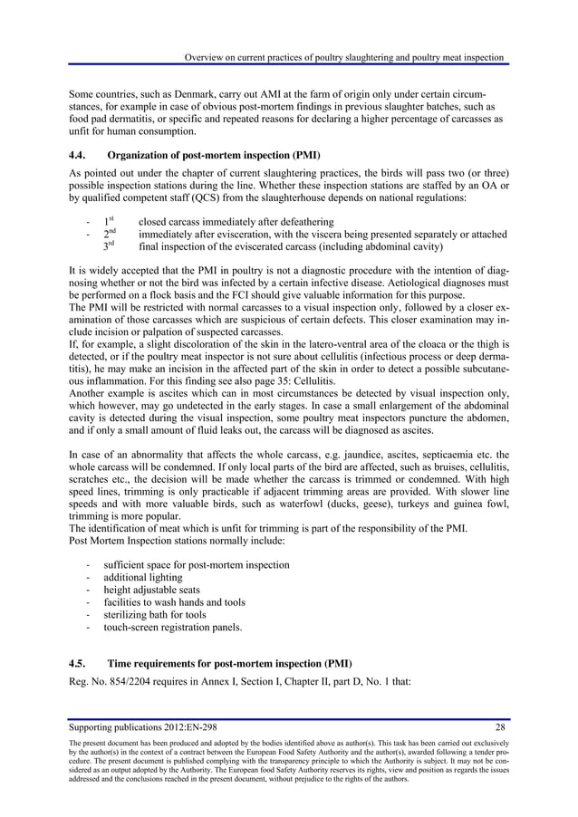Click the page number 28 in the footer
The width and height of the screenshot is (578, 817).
500,726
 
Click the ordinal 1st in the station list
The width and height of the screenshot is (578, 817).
109,221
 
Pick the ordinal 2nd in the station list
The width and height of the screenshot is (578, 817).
110,234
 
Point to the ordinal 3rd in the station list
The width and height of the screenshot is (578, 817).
110,246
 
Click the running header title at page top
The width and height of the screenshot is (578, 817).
343,59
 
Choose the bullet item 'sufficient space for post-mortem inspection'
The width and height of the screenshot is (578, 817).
197,565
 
